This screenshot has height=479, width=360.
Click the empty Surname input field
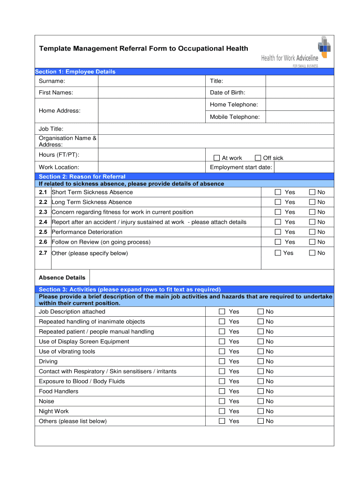click(x=151, y=81)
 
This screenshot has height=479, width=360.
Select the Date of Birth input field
click(x=300, y=93)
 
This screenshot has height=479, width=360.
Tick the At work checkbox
click(x=216, y=158)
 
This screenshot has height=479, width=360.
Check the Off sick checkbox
click(x=258, y=158)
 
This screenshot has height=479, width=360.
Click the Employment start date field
click(x=303, y=167)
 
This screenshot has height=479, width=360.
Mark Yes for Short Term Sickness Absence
click(x=278, y=192)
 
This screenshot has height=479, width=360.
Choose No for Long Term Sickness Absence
click(x=312, y=202)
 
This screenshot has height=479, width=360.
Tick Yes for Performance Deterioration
click(x=278, y=232)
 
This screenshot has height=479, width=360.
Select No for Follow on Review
click(x=312, y=242)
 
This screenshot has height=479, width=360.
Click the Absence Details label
click(x=62, y=277)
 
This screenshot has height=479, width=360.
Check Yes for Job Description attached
click(x=222, y=312)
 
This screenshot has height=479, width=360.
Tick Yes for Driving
click(x=222, y=362)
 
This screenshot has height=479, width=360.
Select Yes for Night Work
click(x=222, y=411)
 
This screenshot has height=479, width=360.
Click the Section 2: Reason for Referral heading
click(x=82, y=176)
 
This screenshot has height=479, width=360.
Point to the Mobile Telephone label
click(x=235, y=117)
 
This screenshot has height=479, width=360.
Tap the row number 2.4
click(x=43, y=222)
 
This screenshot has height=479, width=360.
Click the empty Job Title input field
click(x=216, y=129)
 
